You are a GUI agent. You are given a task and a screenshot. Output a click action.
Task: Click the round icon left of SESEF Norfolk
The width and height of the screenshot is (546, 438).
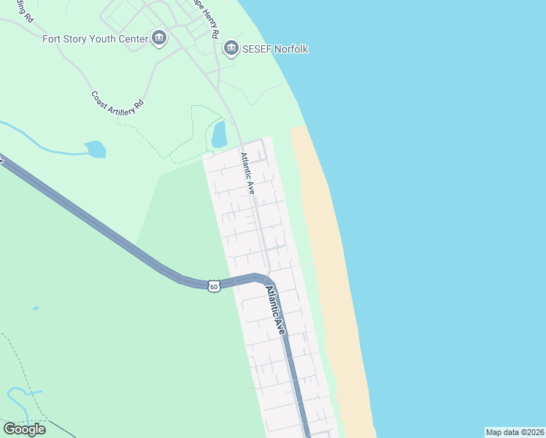click(231, 49)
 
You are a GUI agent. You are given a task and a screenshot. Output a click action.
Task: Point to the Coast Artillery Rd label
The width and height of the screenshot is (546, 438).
click(118, 100)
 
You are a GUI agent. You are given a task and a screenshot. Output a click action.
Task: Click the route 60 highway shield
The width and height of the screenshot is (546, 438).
click(213, 286)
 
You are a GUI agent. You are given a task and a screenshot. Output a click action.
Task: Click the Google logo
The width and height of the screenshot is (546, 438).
click(24, 429)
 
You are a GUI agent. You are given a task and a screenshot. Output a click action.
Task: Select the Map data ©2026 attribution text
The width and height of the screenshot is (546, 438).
click(515, 432)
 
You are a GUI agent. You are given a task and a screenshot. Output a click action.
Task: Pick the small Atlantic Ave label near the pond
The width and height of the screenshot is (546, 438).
click(248, 174)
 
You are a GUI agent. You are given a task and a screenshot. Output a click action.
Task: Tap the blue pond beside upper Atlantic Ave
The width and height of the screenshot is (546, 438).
click(219, 134)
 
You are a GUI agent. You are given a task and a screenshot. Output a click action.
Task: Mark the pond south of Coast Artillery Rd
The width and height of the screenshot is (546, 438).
click(96, 149)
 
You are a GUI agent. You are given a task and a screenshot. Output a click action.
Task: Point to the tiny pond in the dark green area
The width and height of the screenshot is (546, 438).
click(35, 308)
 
